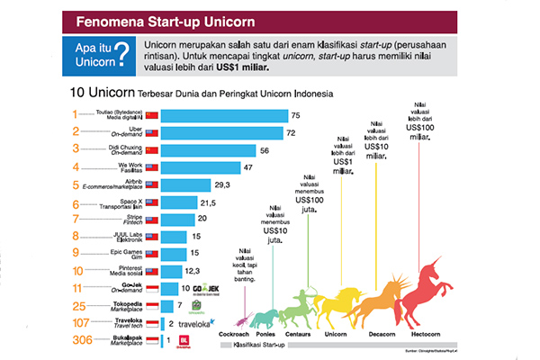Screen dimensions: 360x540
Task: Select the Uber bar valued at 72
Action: (x=220, y=133)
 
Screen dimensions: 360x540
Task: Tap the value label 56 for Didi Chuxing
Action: (x=265, y=150)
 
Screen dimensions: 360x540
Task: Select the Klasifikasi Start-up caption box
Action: (x=261, y=344)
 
